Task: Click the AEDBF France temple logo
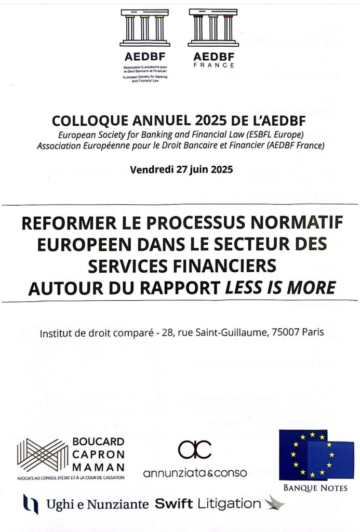213,27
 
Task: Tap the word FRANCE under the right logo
214,65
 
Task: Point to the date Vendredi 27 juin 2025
181,169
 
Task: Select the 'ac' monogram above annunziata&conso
195,449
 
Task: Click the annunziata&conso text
195,473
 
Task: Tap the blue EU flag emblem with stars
316,455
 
